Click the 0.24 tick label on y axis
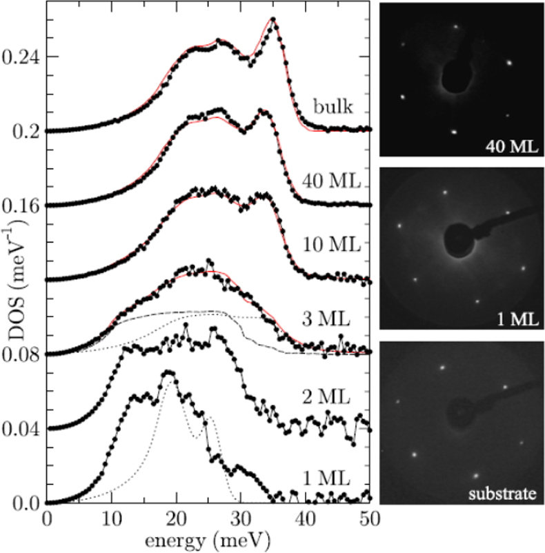pyautogui.click(x=21, y=57)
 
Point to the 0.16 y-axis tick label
pyautogui.click(x=21, y=205)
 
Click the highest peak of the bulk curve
pyautogui.click(x=273, y=19)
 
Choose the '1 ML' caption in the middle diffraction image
pyautogui.click(x=512, y=320)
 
